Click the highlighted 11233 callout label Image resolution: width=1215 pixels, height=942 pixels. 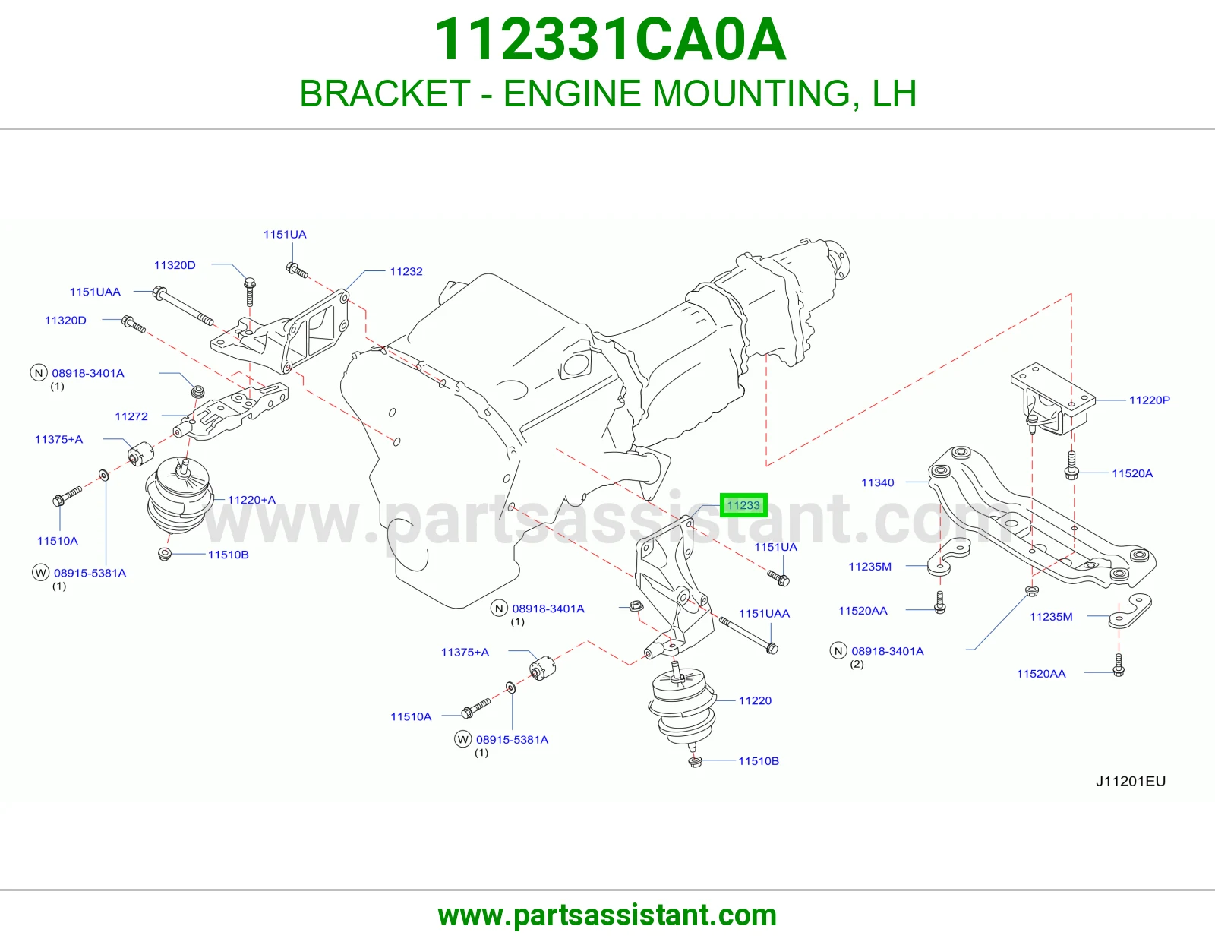click(x=743, y=505)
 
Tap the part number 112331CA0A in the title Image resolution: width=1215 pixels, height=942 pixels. click(x=610, y=40)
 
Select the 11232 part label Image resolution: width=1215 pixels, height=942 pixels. click(x=406, y=271)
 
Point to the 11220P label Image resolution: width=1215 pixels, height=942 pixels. click(x=1150, y=400)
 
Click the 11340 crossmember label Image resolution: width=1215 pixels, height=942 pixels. click(x=877, y=482)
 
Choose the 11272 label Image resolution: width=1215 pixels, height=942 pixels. click(x=131, y=416)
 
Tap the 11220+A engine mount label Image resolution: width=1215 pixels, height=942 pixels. click(x=251, y=500)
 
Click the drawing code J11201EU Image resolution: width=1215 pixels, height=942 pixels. click(x=1131, y=781)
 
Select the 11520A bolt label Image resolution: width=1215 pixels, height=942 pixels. click(x=1132, y=473)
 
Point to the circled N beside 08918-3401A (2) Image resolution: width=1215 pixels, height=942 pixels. click(x=838, y=650)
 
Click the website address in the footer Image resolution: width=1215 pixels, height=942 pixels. click(x=607, y=915)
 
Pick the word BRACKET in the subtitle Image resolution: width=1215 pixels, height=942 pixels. click(x=385, y=93)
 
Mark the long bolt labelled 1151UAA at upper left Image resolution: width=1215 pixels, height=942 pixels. click(x=183, y=307)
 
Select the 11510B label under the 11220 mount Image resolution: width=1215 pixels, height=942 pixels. click(x=758, y=760)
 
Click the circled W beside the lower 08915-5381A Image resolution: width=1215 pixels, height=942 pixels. click(x=463, y=739)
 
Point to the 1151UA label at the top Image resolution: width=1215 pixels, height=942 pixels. click(x=285, y=235)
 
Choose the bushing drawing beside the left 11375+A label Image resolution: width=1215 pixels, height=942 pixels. click(x=140, y=453)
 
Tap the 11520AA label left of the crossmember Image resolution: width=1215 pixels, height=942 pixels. click(x=863, y=610)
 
